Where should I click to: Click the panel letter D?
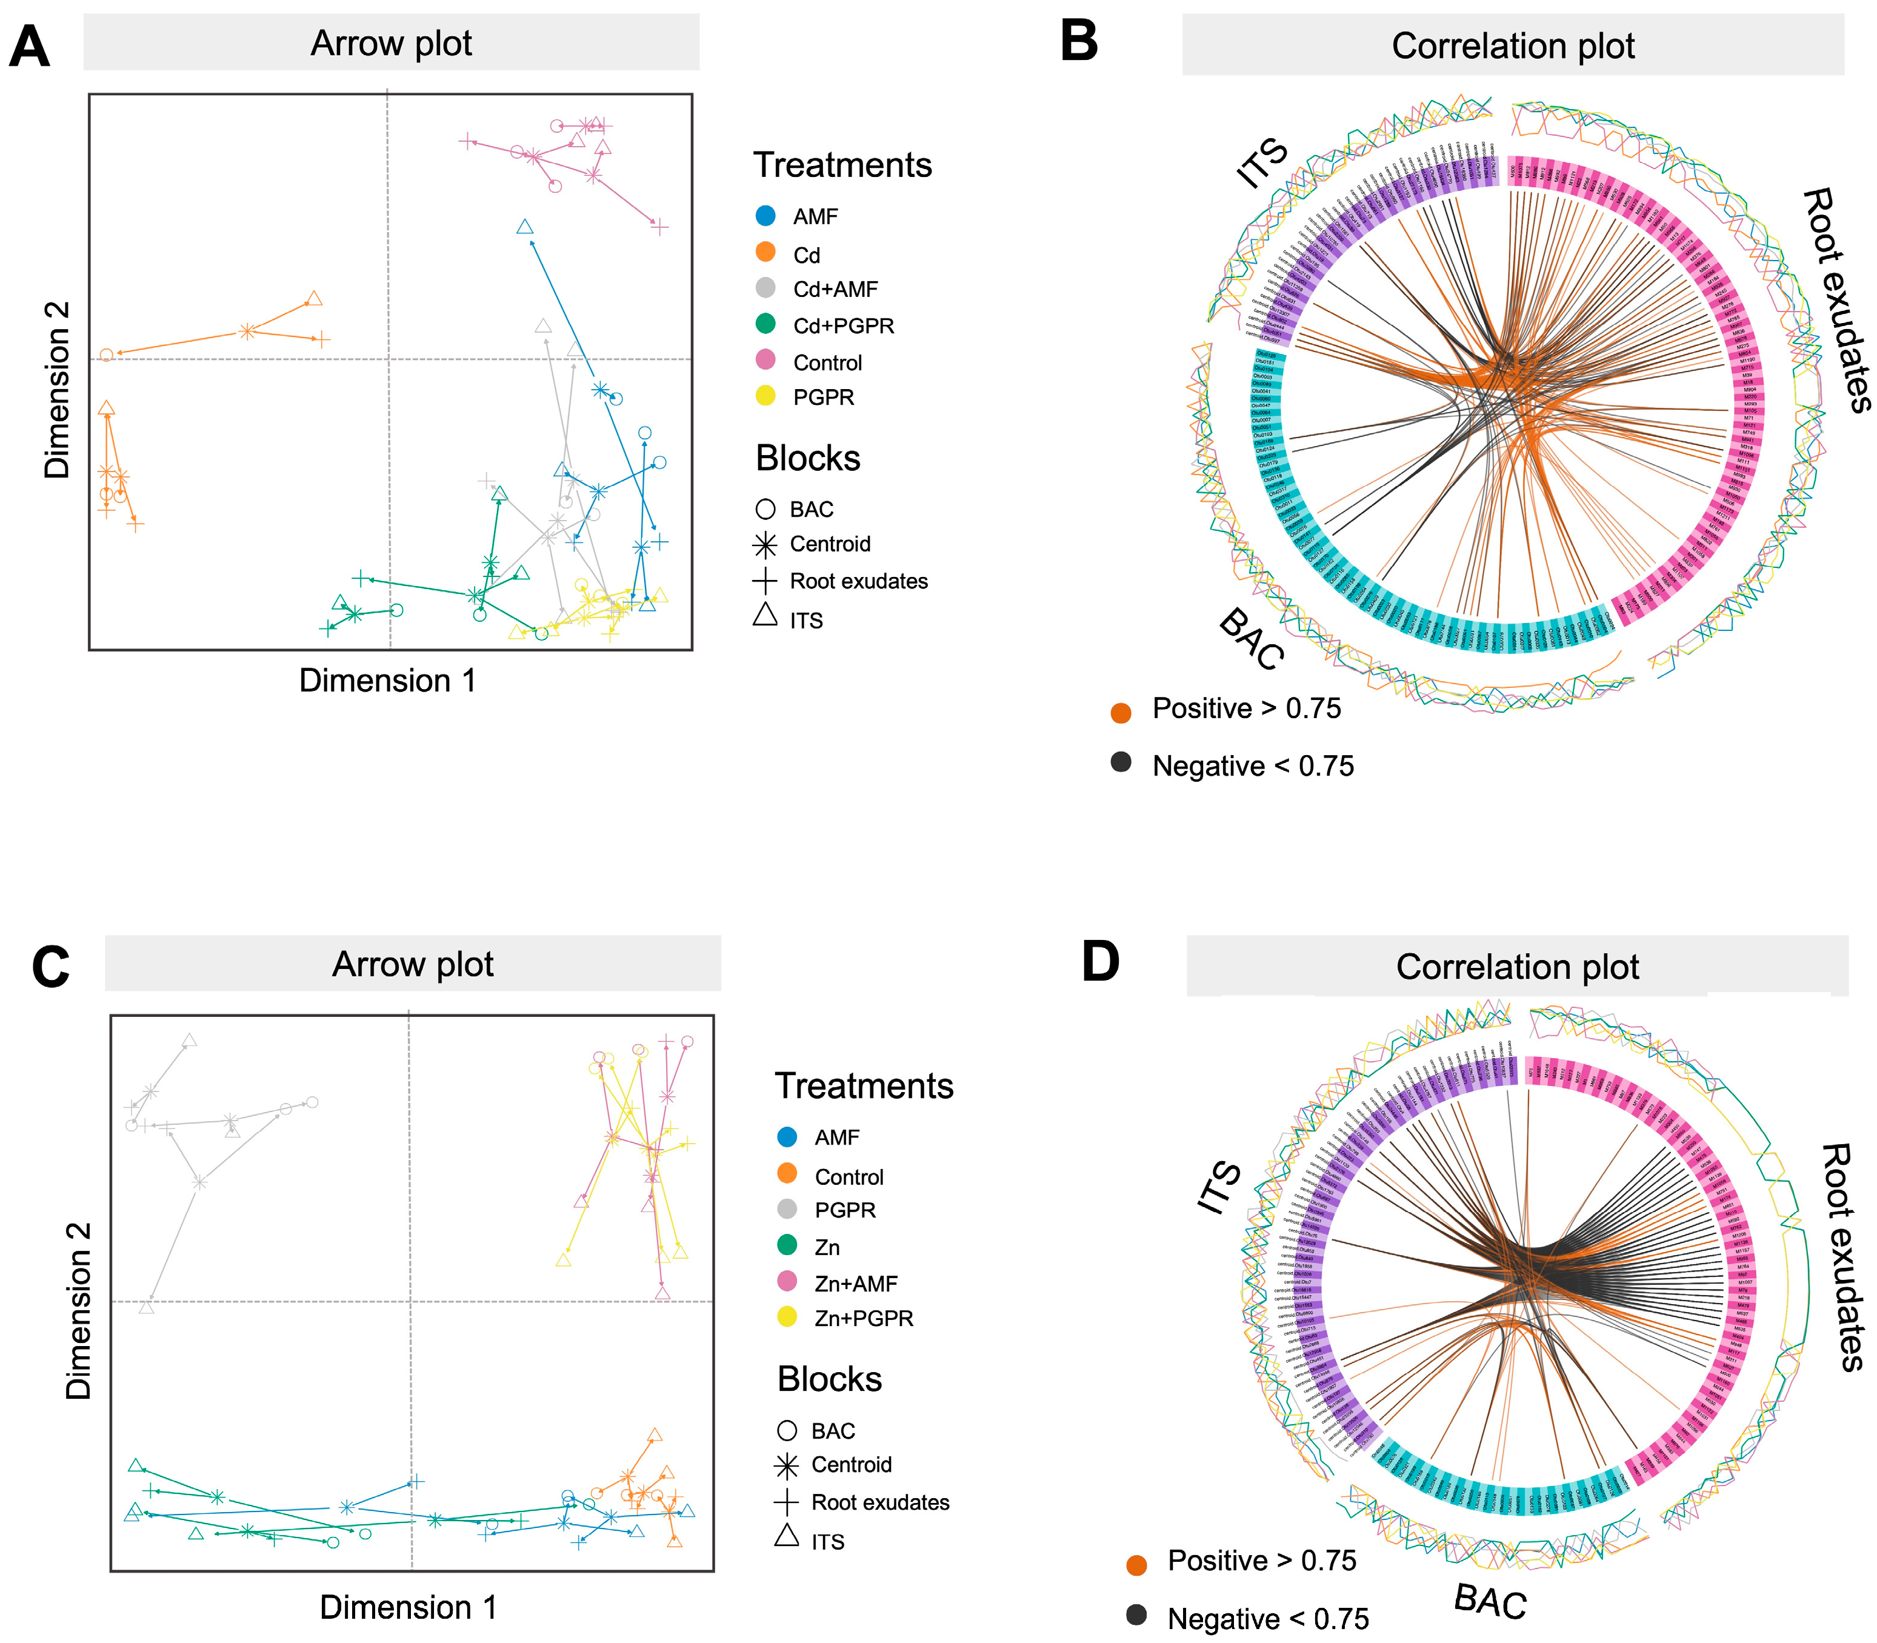1101,962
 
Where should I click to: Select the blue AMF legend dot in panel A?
765,216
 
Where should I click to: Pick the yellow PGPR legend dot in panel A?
765,396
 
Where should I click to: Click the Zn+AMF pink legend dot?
787,1282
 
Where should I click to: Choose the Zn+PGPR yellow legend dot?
787,1318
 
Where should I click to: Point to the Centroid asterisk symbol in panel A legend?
765,545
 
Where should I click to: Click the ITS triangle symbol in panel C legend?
787,1535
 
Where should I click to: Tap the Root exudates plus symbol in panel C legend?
787,1502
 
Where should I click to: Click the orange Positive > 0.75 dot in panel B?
1121,713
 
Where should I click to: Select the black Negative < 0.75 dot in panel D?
1136,1615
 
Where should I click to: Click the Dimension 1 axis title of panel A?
388,681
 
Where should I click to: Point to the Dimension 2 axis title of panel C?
79,1311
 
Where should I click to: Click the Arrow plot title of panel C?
413,965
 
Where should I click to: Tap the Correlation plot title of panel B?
1513,46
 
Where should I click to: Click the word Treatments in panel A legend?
842,165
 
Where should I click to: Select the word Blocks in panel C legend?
829,1379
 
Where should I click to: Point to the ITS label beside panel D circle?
1221,1188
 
